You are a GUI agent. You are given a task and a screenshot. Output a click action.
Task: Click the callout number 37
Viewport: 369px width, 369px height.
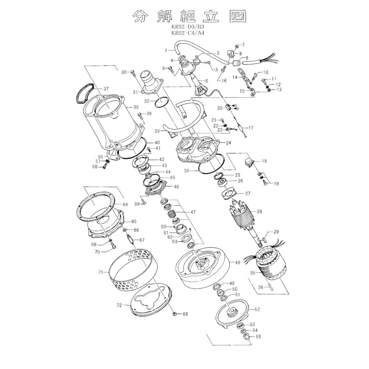(x=106, y=89)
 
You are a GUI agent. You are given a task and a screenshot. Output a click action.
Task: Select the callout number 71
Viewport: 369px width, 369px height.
(x=101, y=272)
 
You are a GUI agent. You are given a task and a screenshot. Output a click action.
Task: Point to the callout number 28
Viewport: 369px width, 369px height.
(x=259, y=212)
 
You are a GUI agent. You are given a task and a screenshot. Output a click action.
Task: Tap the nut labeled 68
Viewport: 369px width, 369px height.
(x=175, y=314)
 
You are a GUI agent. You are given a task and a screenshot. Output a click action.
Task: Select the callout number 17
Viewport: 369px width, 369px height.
(x=251, y=128)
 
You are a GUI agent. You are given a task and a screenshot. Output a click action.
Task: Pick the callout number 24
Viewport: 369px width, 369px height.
(x=228, y=143)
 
